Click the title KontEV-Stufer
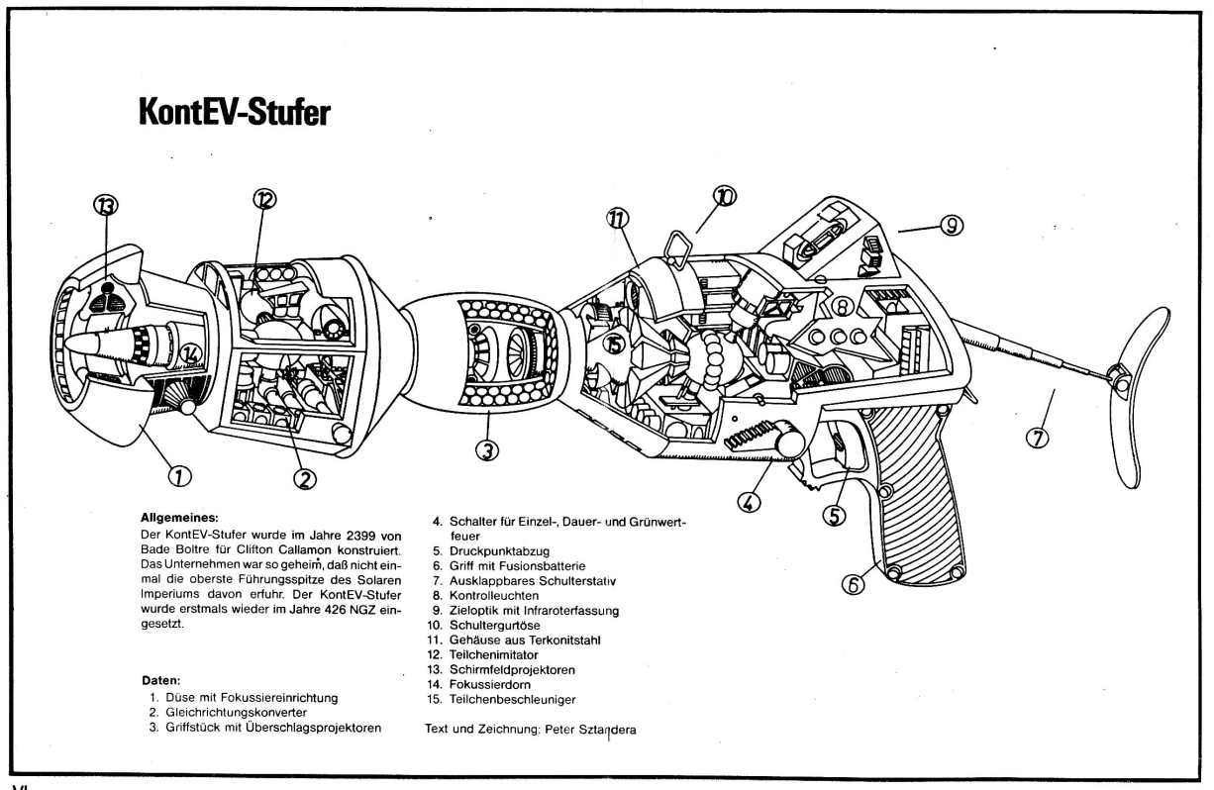click(235, 113)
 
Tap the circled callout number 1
click(179, 476)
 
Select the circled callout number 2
click(304, 477)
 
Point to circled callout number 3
click(485, 449)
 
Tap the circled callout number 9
click(951, 226)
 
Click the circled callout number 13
click(104, 206)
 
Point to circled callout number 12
click(263, 198)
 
